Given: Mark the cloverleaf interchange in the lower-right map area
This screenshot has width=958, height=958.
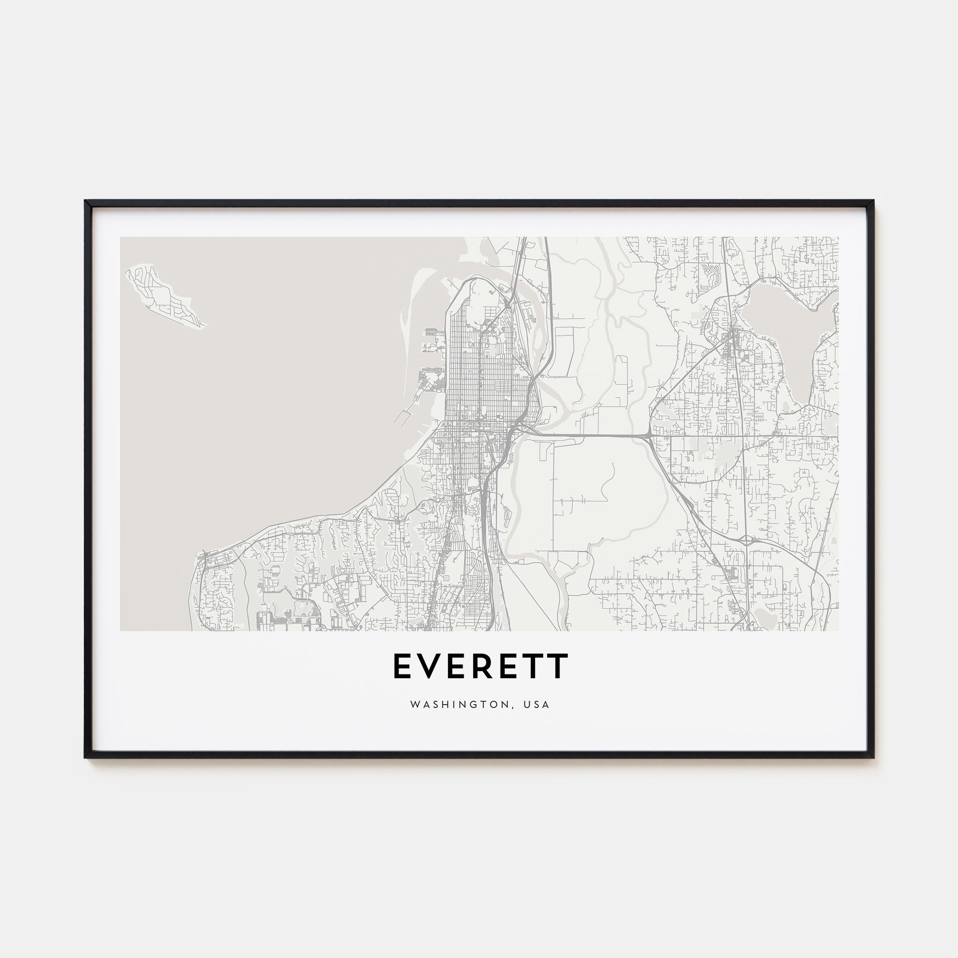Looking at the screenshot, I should (743, 538).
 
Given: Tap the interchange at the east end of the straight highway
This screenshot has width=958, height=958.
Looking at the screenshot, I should (648, 436).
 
